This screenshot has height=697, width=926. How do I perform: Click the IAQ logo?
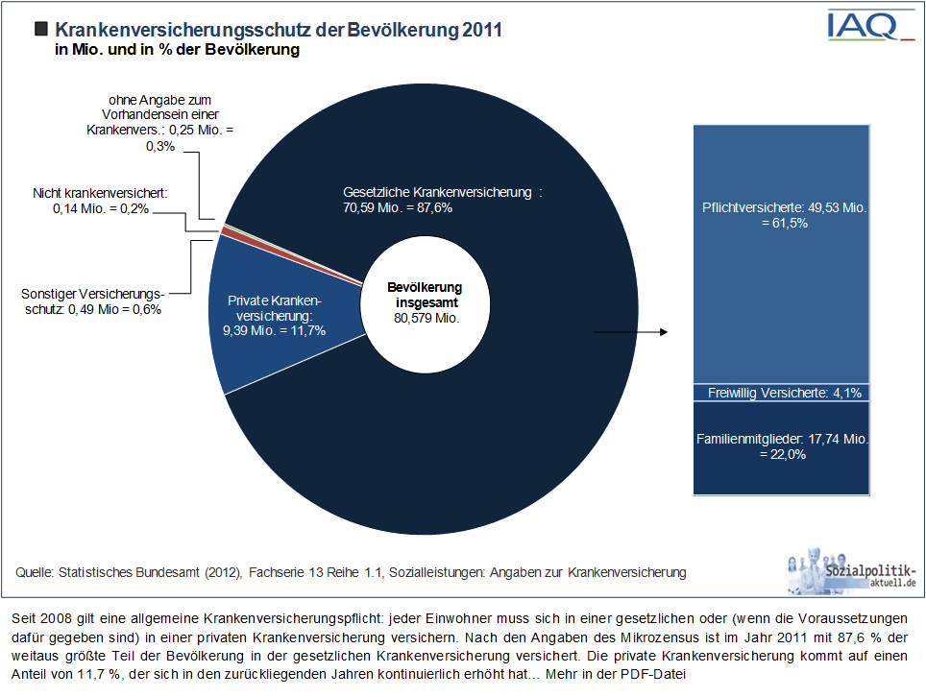871,25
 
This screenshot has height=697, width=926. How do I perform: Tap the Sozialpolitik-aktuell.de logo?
852,570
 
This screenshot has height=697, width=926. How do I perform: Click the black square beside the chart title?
40,29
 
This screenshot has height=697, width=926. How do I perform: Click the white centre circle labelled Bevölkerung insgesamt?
426,304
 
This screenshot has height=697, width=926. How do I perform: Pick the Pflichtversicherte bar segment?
781,254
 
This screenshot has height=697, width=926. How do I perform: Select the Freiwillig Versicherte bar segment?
781,393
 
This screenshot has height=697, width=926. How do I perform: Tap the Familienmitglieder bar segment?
781,448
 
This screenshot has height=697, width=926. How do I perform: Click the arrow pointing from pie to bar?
630,332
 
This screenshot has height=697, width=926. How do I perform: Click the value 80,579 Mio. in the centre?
426,318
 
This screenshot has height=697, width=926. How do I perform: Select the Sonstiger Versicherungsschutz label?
93,301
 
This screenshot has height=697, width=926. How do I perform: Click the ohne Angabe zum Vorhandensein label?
160,122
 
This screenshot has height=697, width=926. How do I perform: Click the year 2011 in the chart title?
482,30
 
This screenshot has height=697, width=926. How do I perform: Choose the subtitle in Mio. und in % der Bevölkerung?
177,50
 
